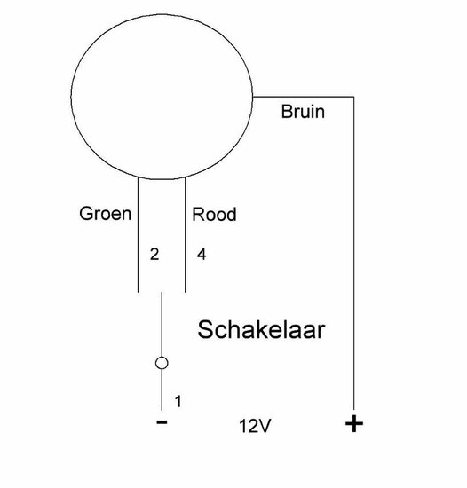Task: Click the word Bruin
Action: tap(303, 112)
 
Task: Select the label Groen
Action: tap(106, 214)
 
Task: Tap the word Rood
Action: tap(214, 215)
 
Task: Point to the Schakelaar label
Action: tap(261, 329)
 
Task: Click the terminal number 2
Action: tap(154, 255)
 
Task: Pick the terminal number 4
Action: tap(202, 255)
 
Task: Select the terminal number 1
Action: tap(178, 401)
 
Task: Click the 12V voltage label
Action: tap(255, 426)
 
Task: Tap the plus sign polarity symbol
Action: tap(354, 423)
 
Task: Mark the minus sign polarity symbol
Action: tap(162, 422)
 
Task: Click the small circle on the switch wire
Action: tap(162, 363)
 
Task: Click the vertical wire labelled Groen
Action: tap(138, 234)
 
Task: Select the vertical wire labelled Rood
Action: tap(186, 234)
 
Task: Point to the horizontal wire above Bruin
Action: tap(304, 97)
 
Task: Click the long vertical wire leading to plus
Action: tap(353, 254)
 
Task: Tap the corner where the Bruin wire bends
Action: tap(353, 97)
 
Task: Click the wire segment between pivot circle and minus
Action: tap(162, 390)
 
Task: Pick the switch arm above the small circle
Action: tap(162, 324)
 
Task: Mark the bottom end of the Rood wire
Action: tap(186, 292)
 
